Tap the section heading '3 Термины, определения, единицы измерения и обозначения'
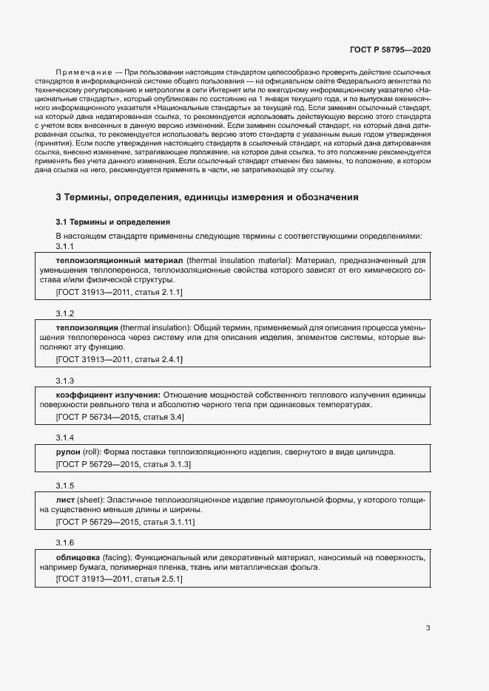(207, 197)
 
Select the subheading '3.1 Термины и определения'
(113, 222)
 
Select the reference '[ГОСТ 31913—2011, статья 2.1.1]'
(119, 293)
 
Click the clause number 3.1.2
(65, 313)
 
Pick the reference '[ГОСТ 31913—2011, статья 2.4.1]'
(119, 359)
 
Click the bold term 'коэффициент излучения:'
(108, 395)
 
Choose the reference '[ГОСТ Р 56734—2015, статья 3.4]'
(120, 417)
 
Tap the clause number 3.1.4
(65, 438)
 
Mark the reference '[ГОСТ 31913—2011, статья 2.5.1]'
(119, 579)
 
